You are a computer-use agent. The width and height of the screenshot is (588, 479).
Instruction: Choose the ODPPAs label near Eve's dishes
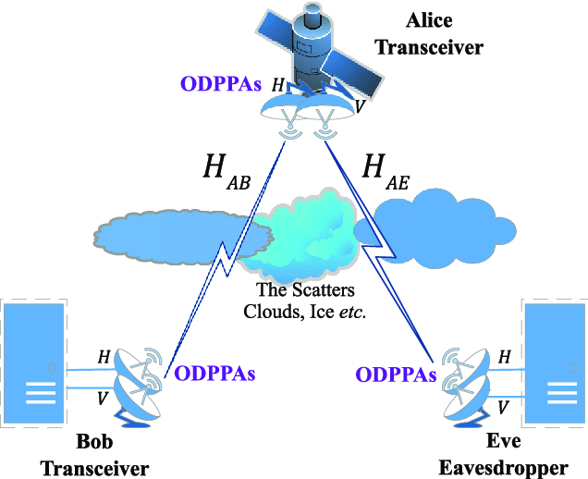396,375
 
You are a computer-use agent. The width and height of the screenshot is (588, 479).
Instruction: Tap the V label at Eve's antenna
503,406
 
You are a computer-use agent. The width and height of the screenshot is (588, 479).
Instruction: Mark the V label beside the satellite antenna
359,107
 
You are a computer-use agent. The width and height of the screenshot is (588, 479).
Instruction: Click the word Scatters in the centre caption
318,291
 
